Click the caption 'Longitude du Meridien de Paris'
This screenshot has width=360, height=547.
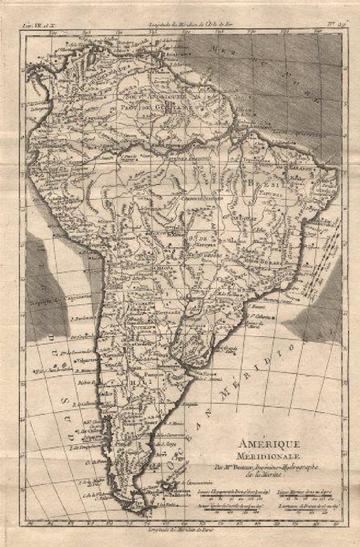click(x=180, y=529)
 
